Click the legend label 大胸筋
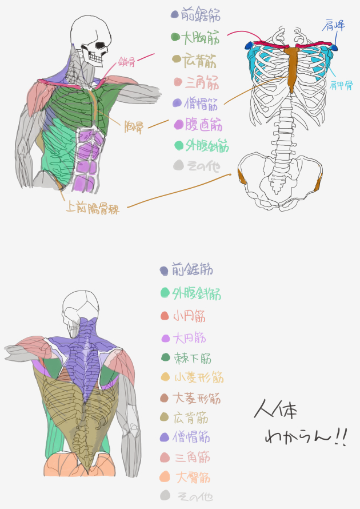(201, 39)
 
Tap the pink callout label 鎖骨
(127, 62)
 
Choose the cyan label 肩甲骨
(341, 85)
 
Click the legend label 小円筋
(190, 316)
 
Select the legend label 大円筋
(190, 338)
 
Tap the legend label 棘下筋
(193, 359)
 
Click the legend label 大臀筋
(192, 476)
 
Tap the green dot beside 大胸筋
(175, 38)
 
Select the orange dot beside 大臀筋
(165, 476)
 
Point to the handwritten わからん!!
(306, 438)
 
